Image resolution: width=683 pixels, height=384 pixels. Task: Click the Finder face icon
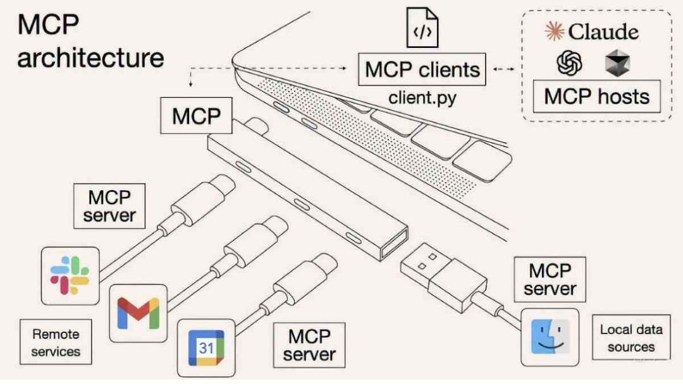click(x=550, y=337)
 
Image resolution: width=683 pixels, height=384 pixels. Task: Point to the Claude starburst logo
click(x=555, y=32)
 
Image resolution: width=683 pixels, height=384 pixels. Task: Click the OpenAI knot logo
click(x=569, y=64)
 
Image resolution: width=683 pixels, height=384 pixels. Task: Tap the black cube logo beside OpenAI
click(x=617, y=64)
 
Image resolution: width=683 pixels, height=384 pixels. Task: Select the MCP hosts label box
click(x=597, y=97)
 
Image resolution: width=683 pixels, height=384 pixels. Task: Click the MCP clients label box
click(x=422, y=69)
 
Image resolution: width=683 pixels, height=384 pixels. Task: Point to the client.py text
click(x=422, y=99)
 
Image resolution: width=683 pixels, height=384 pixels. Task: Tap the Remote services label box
click(x=56, y=342)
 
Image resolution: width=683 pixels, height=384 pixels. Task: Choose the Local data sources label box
click(x=631, y=338)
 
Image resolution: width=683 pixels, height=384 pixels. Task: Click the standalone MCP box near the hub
click(x=197, y=115)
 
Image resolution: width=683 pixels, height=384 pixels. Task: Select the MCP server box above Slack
click(x=109, y=206)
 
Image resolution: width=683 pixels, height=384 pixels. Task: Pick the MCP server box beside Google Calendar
click(x=309, y=345)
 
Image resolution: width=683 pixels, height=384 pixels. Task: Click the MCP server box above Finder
click(x=550, y=280)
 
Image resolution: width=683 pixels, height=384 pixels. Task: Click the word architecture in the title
click(x=90, y=58)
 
